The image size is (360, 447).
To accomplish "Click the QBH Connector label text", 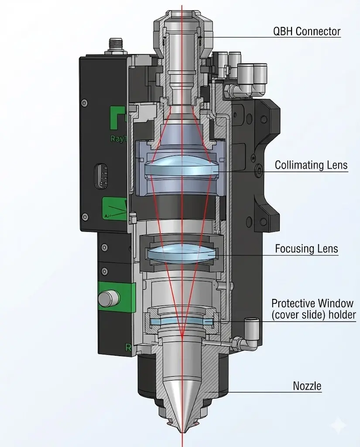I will click(306, 31).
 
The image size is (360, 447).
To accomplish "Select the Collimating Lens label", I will click(311, 165).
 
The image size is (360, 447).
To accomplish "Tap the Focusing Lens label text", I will click(306, 249).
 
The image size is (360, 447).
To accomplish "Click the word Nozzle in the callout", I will click(307, 386).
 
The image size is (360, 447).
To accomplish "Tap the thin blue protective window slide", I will click(181, 322).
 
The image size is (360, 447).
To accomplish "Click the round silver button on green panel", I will click(109, 299).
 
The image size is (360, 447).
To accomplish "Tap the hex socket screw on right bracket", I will click(260, 171).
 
